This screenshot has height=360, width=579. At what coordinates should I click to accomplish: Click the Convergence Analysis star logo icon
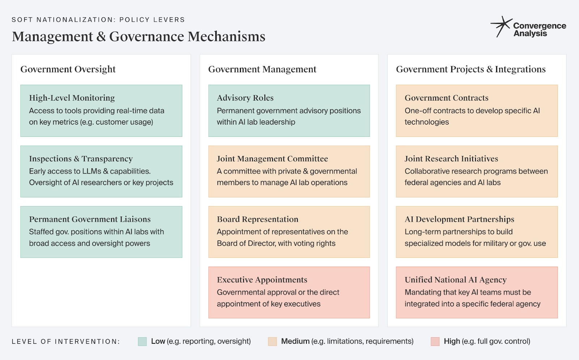(501, 26)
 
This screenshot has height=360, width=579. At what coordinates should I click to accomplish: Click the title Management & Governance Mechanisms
(139, 37)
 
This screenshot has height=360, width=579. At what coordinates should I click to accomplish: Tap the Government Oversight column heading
(68, 69)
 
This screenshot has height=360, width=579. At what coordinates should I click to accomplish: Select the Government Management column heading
(262, 69)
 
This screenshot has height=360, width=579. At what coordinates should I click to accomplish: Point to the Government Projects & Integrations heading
(470, 69)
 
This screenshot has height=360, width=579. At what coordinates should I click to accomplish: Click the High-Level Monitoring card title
(72, 98)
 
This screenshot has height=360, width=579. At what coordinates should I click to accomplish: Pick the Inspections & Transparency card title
(81, 159)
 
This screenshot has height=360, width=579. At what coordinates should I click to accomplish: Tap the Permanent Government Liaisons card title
(90, 219)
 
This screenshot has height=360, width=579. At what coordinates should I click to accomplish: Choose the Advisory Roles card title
(245, 98)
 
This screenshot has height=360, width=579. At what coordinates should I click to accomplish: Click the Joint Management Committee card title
(272, 159)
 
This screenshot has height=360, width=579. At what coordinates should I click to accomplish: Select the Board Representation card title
(257, 219)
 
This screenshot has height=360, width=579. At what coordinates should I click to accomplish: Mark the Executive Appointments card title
(262, 280)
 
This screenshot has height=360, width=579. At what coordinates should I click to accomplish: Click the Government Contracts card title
(446, 98)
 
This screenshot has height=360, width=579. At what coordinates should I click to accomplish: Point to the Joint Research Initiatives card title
(451, 159)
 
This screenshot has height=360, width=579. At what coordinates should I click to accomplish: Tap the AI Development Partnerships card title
(459, 219)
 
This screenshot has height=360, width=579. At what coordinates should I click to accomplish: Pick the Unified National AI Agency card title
(455, 280)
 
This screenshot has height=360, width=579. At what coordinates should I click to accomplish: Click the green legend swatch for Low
(142, 342)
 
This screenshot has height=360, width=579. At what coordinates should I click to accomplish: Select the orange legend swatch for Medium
(272, 342)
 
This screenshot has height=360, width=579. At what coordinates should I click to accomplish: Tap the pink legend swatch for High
(435, 342)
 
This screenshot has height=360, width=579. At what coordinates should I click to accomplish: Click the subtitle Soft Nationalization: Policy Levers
(98, 20)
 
